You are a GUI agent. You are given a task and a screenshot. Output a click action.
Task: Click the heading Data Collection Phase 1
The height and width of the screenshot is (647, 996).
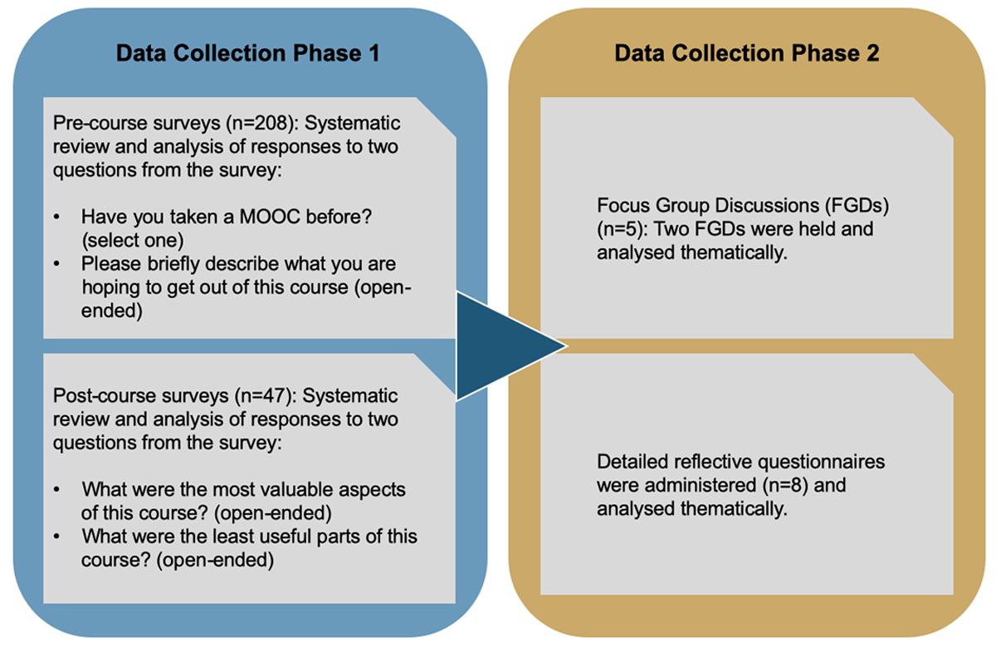[247, 54]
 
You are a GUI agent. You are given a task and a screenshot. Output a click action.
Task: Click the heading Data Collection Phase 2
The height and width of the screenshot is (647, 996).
[746, 54]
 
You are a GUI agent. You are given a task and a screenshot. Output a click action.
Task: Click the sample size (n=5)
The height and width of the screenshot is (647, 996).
[619, 228]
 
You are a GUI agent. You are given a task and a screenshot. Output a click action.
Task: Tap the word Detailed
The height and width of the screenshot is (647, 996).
[628, 460]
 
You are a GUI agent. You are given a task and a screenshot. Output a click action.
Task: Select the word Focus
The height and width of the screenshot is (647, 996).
[621, 205]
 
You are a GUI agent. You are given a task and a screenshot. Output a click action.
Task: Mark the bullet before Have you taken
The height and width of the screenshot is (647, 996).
[57, 218]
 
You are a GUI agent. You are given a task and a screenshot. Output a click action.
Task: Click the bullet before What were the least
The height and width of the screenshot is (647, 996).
[57, 537]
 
